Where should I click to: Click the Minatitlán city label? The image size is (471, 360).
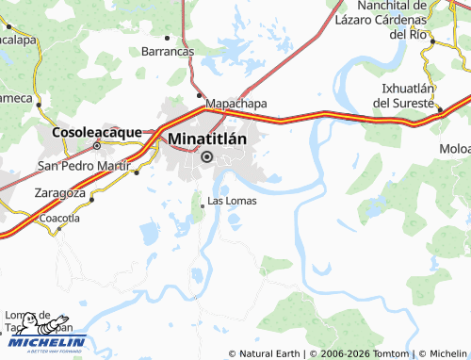[207, 139]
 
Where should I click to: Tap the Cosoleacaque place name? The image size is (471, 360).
[97, 132]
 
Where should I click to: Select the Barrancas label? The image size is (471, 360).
[168, 51]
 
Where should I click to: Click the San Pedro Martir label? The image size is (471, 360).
[82, 166]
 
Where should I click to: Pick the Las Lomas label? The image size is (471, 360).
[232, 201]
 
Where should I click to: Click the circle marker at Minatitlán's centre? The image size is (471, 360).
[207, 157]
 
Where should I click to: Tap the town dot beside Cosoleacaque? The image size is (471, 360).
[97, 146]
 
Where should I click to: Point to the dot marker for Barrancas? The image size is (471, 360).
[168, 39]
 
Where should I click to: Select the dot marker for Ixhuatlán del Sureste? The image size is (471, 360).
[440, 108]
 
